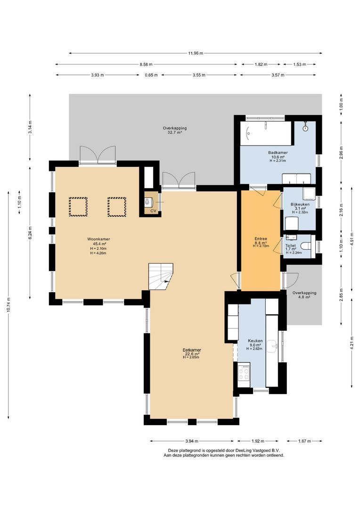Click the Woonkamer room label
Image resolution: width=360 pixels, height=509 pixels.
coord(98,239)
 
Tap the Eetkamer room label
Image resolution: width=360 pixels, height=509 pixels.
coord(192,350)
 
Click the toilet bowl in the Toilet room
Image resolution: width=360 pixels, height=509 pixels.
coord(305,246)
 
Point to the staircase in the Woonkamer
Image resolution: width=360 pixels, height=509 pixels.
coord(161,276)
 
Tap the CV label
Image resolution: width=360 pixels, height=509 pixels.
coord(153,211)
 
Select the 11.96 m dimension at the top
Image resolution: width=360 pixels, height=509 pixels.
coord(196,53)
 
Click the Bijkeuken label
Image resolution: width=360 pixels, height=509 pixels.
coord(300,204)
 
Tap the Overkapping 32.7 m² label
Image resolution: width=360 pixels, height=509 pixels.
coord(175,128)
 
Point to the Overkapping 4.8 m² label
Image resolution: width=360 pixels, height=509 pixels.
coord(304,293)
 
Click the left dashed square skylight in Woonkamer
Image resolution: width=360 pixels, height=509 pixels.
coord(78,206)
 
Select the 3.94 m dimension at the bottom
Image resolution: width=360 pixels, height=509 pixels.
coord(191,441)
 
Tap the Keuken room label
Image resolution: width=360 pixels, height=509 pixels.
coord(255,340)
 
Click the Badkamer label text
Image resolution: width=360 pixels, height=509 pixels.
coord(278,153)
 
